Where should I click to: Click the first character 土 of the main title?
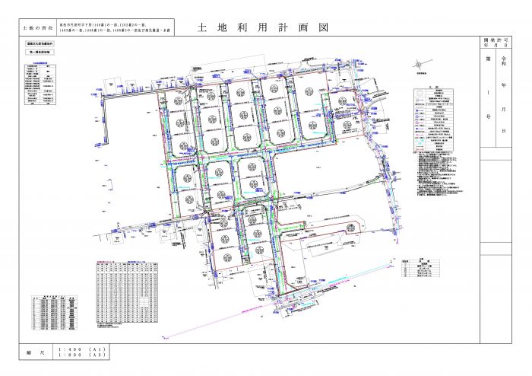201,27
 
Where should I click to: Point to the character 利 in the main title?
250,27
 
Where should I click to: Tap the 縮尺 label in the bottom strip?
38,351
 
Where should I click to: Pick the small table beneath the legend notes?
420,268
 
